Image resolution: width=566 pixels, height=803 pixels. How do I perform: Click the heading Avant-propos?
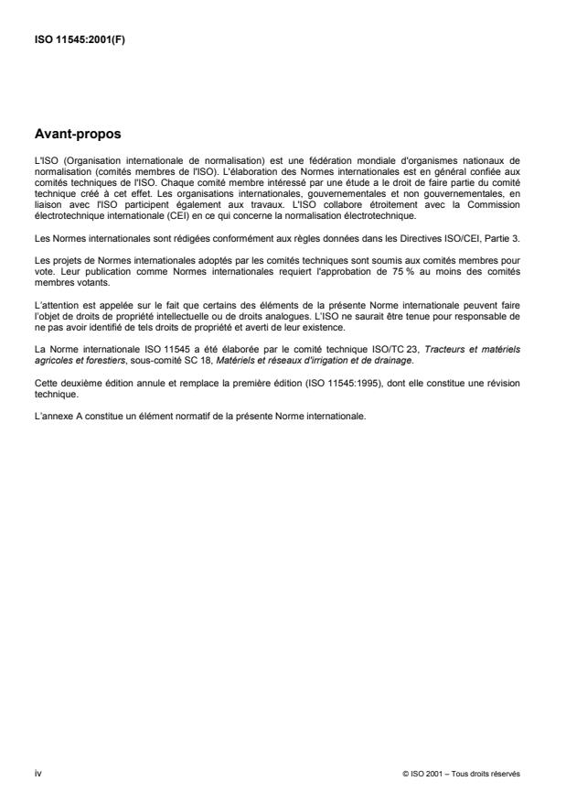tap(77, 135)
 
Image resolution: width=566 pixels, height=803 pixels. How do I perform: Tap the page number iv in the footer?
tap(37, 773)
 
